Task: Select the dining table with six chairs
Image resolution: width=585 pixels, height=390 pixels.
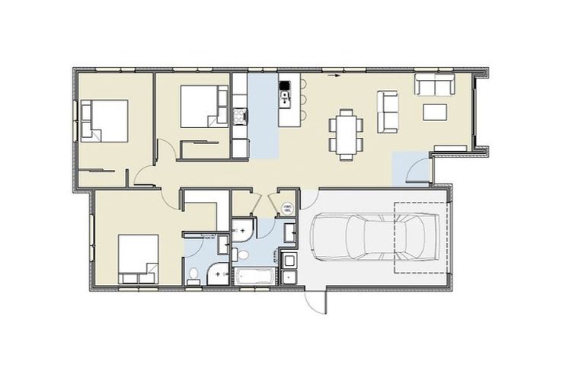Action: (346, 134)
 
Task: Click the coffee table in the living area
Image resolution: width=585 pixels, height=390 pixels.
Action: (435, 113)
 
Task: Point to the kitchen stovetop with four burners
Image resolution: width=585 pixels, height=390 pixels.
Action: (241, 117)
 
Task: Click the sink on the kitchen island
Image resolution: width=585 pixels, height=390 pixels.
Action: (286, 95)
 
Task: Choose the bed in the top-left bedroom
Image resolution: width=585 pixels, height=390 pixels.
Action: (104, 120)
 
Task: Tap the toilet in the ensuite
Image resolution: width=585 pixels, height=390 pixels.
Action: (193, 274)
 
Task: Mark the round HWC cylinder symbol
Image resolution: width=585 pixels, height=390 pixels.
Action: (288, 208)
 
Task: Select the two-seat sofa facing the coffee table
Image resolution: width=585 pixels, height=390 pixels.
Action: (434, 84)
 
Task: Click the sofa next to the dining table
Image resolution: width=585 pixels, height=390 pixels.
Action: (388, 111)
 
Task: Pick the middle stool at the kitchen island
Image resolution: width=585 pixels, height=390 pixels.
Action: (302, 98)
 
